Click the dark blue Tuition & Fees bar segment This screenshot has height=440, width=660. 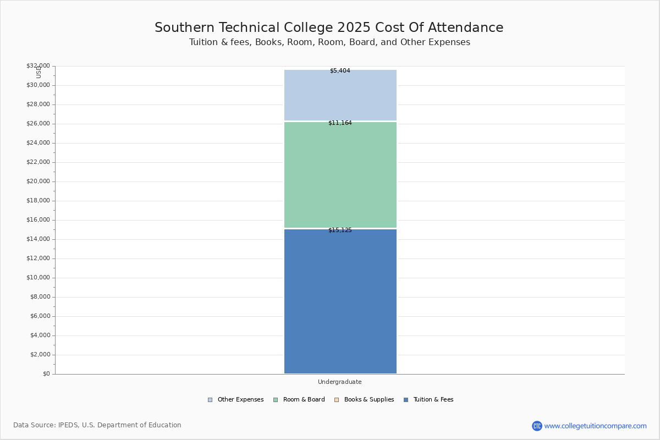[340, 301]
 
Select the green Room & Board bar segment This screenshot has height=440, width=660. [340, 174]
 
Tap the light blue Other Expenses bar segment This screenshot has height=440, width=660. [340, 95]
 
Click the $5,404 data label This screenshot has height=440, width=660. [340, 71]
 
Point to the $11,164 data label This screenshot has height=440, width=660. [340, 123]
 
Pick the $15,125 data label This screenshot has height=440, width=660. [340, 230]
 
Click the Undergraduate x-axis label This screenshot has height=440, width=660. [340, 382]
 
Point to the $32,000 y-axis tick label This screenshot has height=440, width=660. [38, 66]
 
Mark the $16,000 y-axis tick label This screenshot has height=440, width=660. [38, 220]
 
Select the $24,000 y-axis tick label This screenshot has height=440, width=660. [38, 143]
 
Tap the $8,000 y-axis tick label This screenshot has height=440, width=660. [40, 297]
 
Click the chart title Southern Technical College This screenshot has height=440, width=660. [329, 28]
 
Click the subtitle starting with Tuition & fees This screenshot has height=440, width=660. [329, 42]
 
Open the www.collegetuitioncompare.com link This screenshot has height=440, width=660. [595, 426]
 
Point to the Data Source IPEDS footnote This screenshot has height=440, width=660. [97, 425]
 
